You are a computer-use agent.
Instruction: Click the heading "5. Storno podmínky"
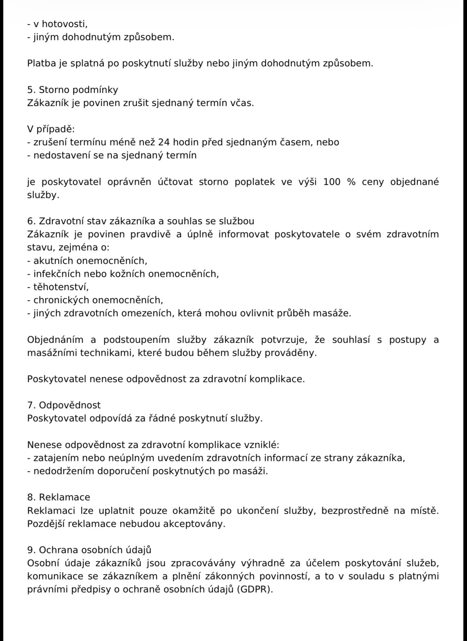point(73,90)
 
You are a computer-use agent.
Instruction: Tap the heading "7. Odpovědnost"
point(64,405)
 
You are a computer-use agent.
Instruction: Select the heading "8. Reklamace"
point(59,497)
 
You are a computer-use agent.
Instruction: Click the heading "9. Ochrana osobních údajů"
point(89,550)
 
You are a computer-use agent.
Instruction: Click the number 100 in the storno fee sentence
point(332,182)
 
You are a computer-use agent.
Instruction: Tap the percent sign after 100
point(351,182)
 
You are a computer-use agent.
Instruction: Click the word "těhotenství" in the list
point(61,287)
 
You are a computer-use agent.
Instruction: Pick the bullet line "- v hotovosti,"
point(57,24)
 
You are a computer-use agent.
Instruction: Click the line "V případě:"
point(51,129)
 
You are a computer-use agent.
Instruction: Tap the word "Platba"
point(40,63)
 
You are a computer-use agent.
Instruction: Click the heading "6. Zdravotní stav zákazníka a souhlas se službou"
point(141,221)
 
